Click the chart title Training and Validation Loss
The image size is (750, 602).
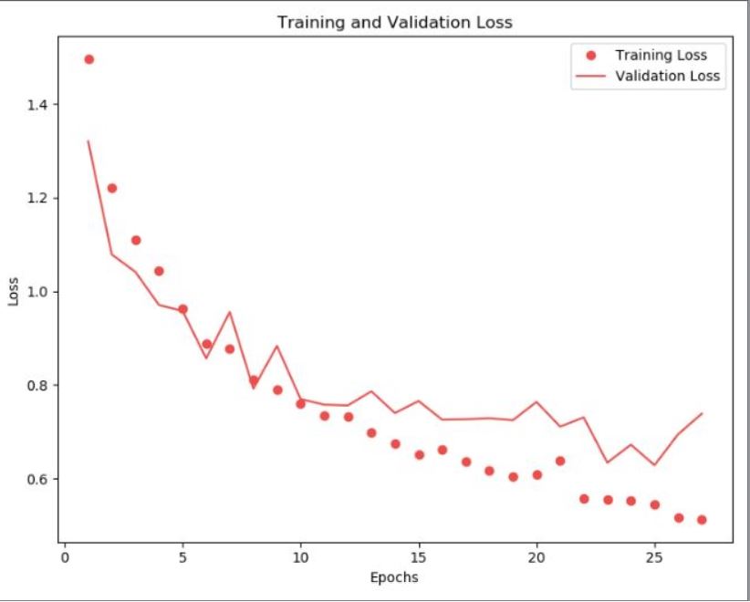pos(395,22)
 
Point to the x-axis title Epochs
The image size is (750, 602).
pos(395,576)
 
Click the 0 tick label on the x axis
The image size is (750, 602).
pos(65,555)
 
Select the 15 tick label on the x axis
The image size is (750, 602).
pos(419,555)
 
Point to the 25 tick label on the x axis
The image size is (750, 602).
pos(654,555)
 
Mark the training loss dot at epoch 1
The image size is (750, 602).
pos(89,59)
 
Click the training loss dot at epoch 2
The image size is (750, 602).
pos(112,188)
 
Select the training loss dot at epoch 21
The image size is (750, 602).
pos(560,461)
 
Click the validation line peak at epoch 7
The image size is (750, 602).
pos(230,312)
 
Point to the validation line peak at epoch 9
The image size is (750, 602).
pos(277,346)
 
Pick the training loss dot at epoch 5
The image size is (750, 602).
pos(182,308)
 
